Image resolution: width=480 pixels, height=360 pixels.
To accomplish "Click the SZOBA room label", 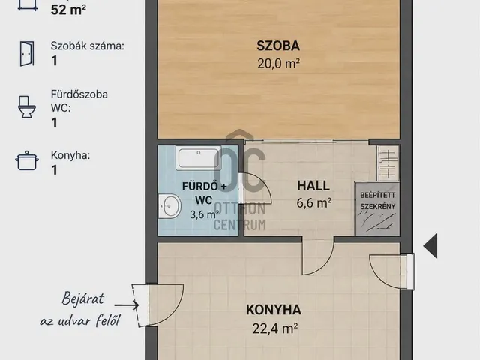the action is (x=278, y=46).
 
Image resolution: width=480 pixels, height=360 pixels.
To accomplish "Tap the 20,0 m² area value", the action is (x=278, y=64).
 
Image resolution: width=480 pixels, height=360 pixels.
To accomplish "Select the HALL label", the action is (x=313, y=186).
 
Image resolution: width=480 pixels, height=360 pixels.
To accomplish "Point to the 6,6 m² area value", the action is (x=313, y=203).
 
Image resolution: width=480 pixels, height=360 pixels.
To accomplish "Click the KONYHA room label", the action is (x=274, y=310).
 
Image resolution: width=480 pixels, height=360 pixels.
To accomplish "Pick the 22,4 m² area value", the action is (x=275, y=328).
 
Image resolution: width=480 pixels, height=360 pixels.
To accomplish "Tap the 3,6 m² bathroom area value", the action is (x=204, y=214).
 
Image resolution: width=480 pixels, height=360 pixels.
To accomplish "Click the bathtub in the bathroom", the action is (x=198, y=158).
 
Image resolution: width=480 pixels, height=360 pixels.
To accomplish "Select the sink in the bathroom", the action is (x=169, y=206).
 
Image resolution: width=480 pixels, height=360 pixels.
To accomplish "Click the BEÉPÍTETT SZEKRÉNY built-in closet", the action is (x=377, y=208).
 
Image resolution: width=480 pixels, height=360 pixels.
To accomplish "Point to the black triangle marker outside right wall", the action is (x=430, y=245).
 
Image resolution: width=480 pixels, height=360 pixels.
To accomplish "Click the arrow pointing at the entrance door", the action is (x=127, y=305).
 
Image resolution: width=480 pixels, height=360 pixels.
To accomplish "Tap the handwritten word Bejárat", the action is (x=83, y=298).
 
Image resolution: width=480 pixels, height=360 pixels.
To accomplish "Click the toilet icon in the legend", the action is (x=27, y=106).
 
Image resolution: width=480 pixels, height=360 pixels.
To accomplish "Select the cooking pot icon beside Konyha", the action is (x=27, y=160).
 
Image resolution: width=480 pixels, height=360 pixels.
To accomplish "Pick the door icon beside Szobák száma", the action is (x=27, y=54).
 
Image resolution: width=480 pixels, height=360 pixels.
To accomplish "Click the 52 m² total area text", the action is (x=68, y=10).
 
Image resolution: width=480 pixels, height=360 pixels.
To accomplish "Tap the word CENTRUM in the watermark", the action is (x=240, y=225).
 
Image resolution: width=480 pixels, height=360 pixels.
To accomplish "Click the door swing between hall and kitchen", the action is (x=318, y=256).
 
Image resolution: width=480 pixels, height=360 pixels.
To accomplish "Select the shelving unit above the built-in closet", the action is (x=388, y=163).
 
